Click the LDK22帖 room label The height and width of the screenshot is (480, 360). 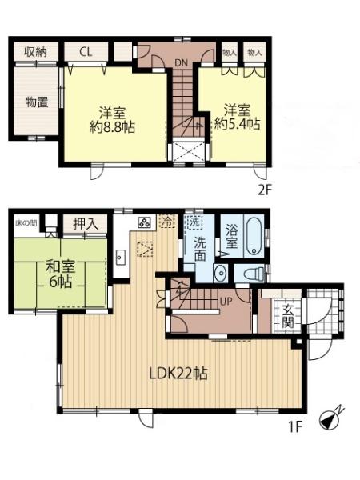178,374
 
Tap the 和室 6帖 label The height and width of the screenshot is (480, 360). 60,274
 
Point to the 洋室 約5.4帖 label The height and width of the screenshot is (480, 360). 238,118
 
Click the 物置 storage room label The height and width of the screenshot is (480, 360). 37,102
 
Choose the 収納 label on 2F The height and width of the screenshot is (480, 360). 36,52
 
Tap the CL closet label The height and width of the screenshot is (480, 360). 86,52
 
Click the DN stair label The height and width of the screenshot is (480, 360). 181,62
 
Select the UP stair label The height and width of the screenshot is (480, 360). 226,301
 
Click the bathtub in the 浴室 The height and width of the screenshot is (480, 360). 254,236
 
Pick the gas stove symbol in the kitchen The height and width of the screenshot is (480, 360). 145,222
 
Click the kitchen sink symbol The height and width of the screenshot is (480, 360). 121,258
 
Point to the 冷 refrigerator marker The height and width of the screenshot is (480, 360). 167,221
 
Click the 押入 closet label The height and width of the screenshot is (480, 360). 86,224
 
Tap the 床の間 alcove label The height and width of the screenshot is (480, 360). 26,222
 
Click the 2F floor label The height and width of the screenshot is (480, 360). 265,190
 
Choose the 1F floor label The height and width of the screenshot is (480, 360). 295,427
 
